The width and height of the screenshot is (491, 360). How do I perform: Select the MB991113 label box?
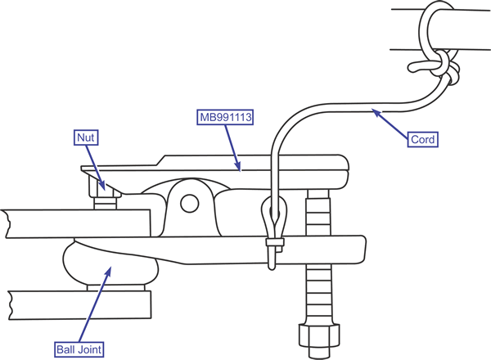224,118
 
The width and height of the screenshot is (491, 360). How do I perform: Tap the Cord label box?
422,139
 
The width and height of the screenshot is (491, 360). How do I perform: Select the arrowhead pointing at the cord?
375,110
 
